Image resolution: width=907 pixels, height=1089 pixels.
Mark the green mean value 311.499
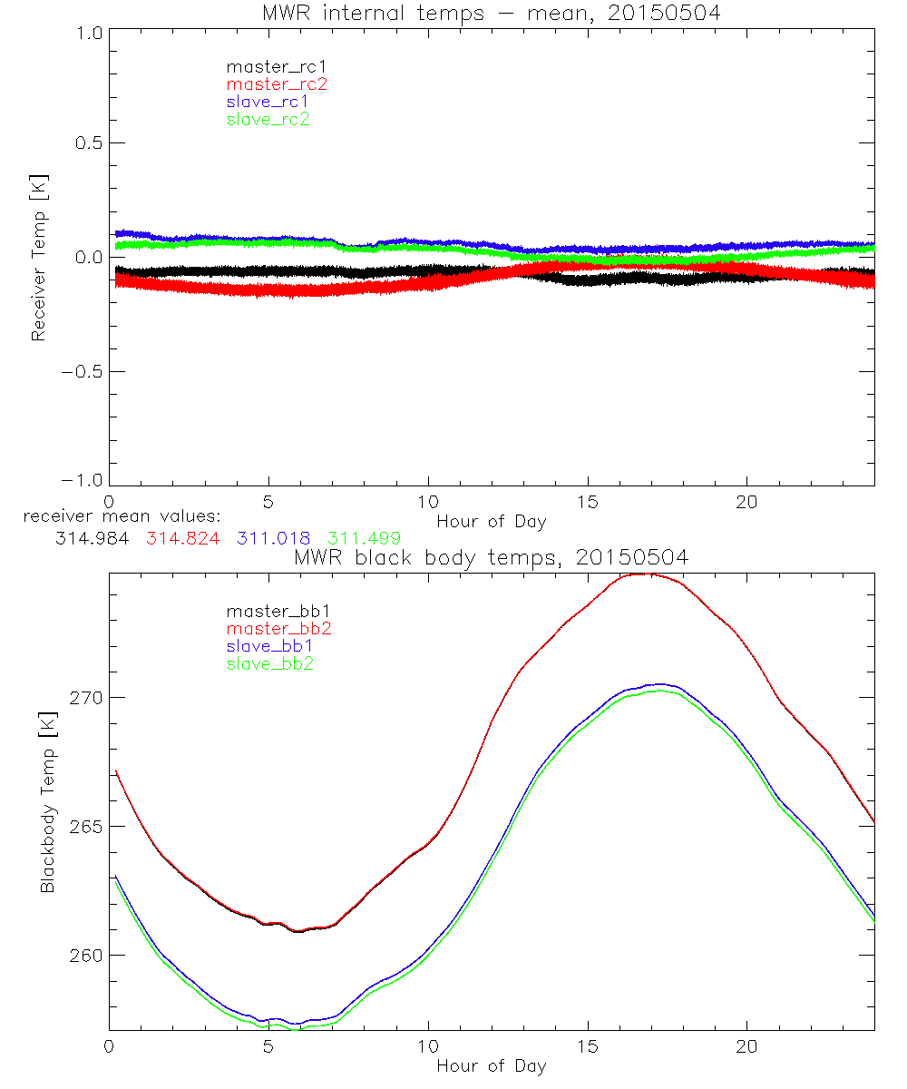click(x=364, y=538)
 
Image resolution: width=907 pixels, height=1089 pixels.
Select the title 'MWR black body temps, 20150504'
click(x=491, y=557)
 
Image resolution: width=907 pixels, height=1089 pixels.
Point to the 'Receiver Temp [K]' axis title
click(x=38, y=258)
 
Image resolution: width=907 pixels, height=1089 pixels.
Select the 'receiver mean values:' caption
click(x=115, y=517)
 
